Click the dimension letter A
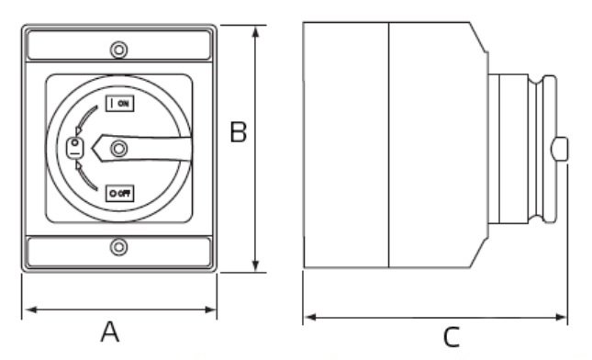coord(110,332)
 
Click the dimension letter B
coord(239,132)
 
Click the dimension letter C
coord(452,336)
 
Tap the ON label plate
coord(120,103)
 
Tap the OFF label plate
coord(120,194)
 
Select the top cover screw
coord(119,50)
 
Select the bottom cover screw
coord(119,247)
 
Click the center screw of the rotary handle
coord(119,149)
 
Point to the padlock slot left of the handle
coord(74,148)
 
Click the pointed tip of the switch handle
coord(93,149)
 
